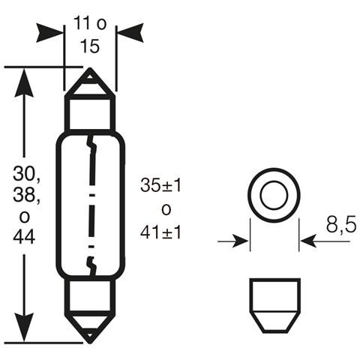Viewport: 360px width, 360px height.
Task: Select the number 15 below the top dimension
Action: pos(89,46)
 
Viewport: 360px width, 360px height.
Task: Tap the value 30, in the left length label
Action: pos(24,177)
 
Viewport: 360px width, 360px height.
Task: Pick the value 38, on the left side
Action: pos(24,198)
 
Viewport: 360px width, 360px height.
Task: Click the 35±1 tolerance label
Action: pos(160,186)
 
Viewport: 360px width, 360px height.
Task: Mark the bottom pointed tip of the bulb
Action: pos(90,339)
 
